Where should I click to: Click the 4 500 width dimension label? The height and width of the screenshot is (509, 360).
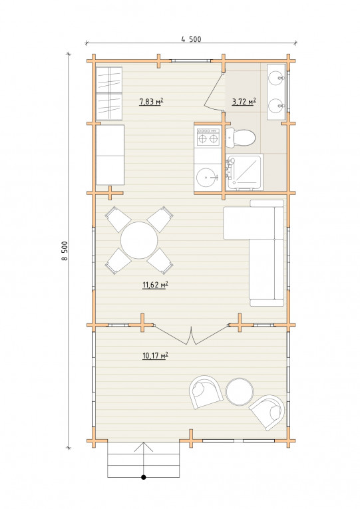(x=191, y=39)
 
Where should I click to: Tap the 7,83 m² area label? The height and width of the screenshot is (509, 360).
(x=151, y=102)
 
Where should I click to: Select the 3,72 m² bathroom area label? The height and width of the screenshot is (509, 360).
(x=244, y=102)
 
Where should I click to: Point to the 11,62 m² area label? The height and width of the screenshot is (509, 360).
(x=155, y=285)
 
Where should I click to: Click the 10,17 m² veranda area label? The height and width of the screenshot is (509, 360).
(x=155, y=355)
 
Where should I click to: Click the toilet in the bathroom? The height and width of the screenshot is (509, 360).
(x=240, y=137)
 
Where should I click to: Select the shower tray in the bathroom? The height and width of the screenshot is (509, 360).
(x=244, y=172)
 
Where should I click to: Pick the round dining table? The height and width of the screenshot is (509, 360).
(x=139, y=240)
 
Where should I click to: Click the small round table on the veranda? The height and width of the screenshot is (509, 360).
(x=240, y=391)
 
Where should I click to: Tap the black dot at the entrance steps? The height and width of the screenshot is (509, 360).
(x=144, y=477)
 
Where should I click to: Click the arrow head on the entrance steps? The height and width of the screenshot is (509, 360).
(x=144, y=446)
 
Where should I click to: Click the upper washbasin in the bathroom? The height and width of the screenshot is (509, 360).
(x=277, y=78)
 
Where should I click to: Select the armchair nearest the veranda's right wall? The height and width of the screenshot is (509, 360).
(x=267, y=413)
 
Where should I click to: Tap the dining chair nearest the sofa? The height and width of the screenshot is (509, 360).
(x=160, y=219)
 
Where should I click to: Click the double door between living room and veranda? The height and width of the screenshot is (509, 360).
(x=192, y=335)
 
